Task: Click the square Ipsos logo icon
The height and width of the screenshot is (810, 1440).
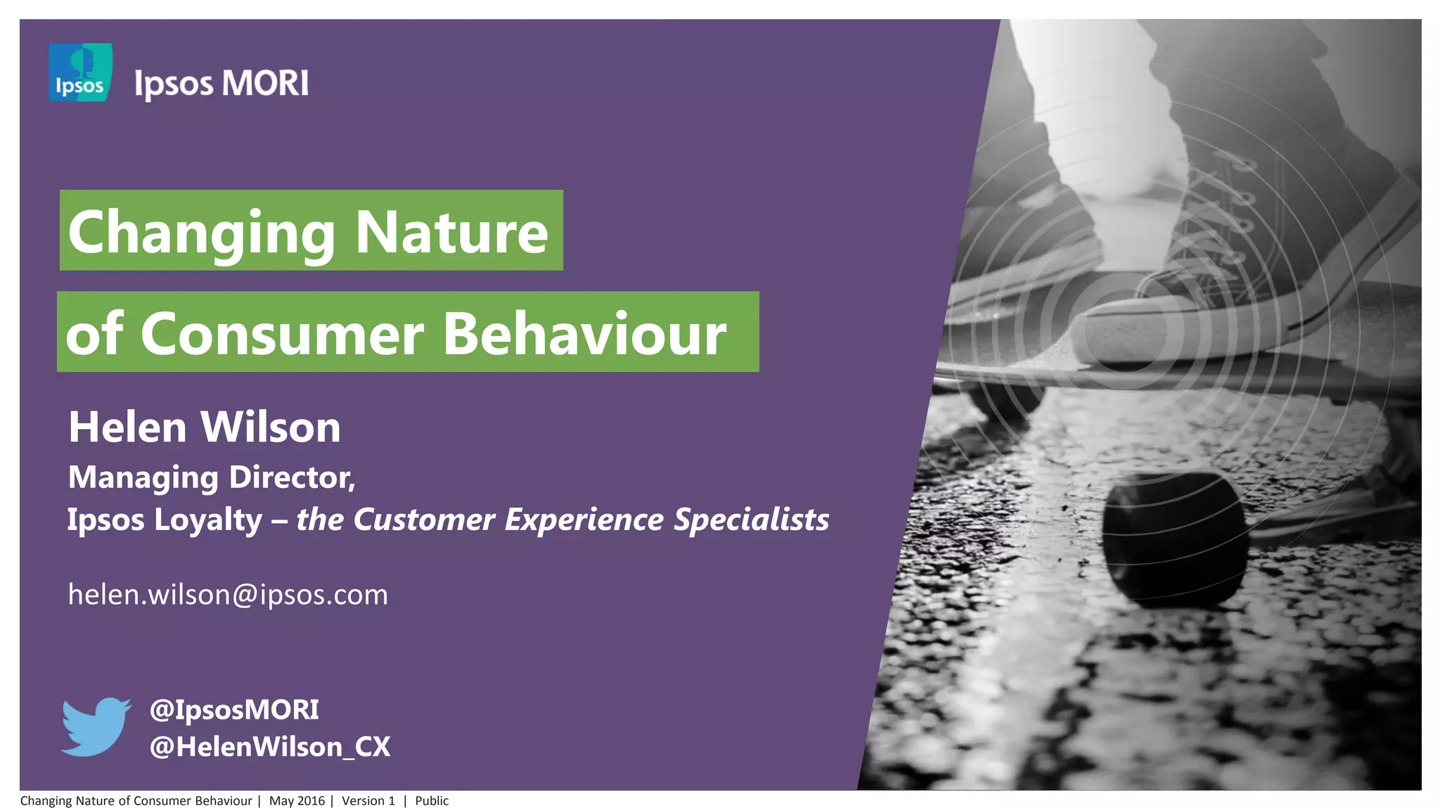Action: click(x=80, y=72)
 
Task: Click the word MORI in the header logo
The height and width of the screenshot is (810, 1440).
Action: click(x=265, y=84)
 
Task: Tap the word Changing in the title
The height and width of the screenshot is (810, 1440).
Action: click(x=202, y=233)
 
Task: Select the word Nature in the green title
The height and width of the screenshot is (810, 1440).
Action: click(x=451, y=233)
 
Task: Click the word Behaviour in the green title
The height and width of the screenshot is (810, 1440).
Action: click(x=584, y=334)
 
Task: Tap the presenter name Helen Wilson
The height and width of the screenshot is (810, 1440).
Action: click(x=204, y=427)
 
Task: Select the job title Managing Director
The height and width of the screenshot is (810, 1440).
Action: click(x=211, y=477)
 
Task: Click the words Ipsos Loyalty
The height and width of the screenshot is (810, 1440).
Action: click(x=165, y=520)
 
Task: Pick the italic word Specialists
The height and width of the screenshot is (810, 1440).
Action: click(x=751, y=520)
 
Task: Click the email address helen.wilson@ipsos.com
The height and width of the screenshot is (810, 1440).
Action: click(x=228, y=595)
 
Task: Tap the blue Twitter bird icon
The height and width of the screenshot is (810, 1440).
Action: click(x=96, y=727)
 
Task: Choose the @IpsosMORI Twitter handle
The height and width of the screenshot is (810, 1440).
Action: click(x=234, y=709)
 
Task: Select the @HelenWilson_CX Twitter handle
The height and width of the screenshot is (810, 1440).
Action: click(x=270, y=747)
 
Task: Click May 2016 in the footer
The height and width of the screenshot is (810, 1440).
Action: click(x=297, y=801)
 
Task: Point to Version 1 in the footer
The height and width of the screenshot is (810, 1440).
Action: click(x=368, y=801)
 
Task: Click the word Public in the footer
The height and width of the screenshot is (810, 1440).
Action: click(x=432, y=801)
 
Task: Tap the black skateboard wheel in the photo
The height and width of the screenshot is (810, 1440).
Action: click(x=1173, y=538)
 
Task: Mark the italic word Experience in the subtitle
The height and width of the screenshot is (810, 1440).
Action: click(x=584, y=520)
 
